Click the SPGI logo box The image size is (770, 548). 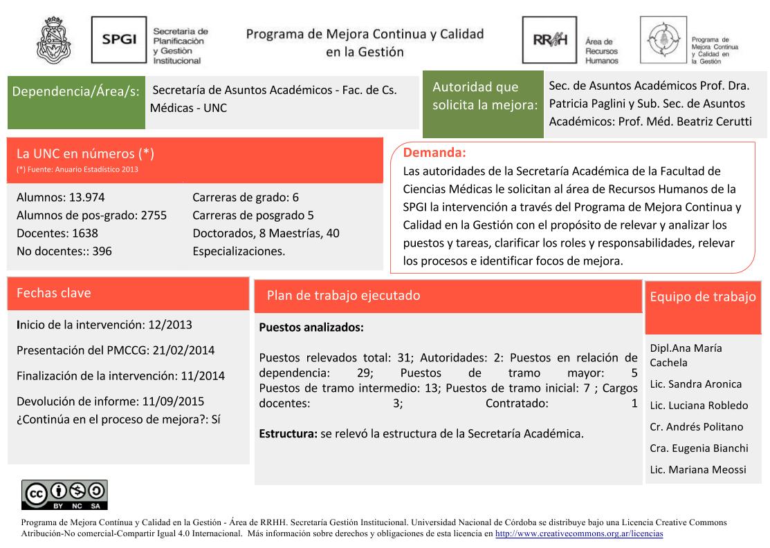[x=119, y=40]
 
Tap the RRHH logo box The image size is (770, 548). [x=549, y=40]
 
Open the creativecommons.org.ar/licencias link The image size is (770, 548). [x=579, y=534]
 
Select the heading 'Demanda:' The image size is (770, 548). [x=434, y=152]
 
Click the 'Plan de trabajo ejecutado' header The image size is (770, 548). [x=343, y=296]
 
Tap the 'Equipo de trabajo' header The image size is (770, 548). [x=703, y=297]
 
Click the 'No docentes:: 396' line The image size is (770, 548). [x=64, y=252]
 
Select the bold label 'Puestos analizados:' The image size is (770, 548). [x=311, y=328]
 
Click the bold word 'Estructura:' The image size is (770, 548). [x=288, y=435]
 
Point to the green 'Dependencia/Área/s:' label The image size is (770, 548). [x=75, y=91]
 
